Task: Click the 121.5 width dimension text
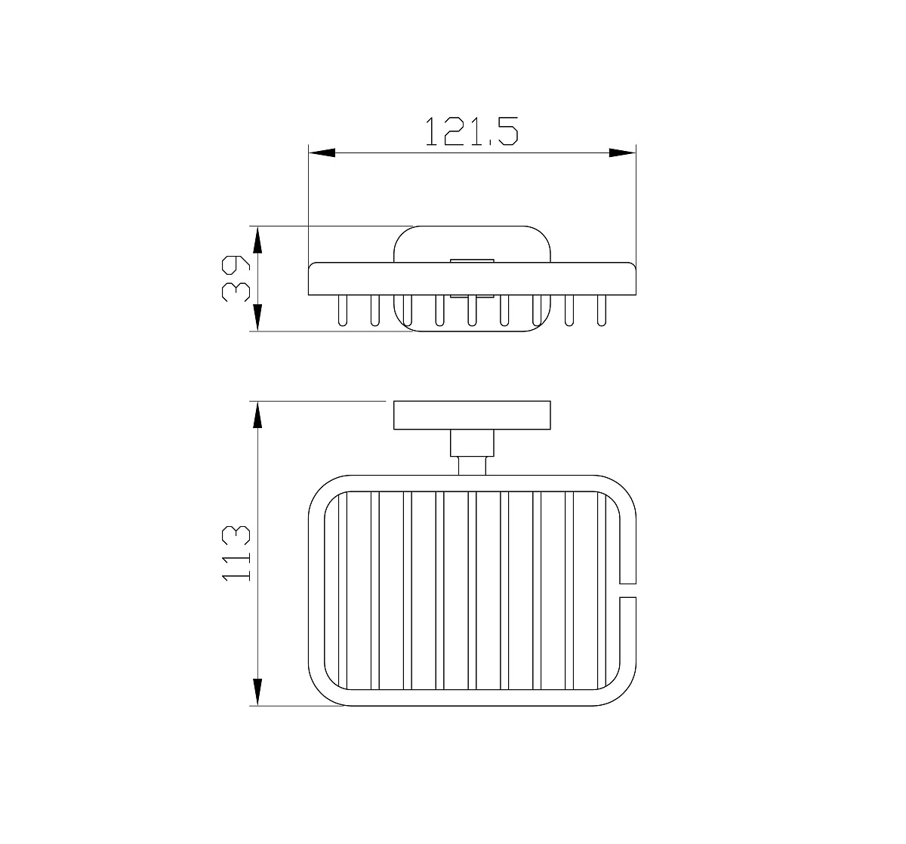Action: (472, 131)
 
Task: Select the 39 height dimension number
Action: (236, 279)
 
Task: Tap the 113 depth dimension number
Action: (236, 553)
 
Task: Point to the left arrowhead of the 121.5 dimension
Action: (322, 152)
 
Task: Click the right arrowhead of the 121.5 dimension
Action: (622, 152)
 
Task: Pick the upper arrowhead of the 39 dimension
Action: (257, 239)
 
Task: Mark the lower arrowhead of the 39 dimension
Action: (257, 318)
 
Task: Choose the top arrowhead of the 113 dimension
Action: (257, 414)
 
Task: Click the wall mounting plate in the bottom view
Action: (472, 415)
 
